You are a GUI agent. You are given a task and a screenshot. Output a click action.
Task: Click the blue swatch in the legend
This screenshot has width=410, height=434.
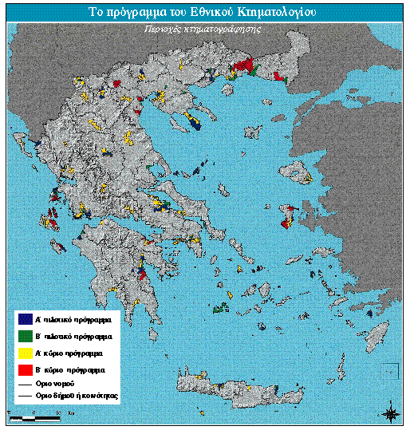click(25, 318)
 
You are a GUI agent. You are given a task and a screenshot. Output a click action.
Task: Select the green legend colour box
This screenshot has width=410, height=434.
click(25, 334)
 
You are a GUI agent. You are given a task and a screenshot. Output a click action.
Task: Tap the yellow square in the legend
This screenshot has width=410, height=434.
click(25, 352)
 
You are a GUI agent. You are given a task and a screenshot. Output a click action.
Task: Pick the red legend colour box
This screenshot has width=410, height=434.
click(25, 370)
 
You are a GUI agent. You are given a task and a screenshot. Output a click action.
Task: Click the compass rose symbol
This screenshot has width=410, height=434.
click(391, 412)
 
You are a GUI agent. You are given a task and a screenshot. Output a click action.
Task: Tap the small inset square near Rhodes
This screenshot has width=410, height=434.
click(388, 369)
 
